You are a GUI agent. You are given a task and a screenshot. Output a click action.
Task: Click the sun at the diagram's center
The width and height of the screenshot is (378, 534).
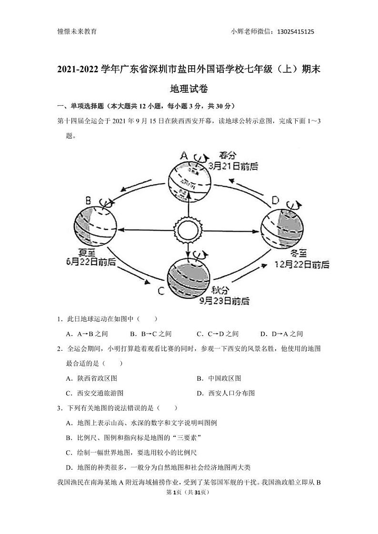pyautogui.click(x=189, y=229)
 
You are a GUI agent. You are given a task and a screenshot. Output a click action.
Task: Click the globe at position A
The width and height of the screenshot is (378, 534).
pyautogui.click(x=189, y=176)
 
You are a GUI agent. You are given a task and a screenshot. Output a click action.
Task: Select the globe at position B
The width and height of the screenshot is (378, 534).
pyautogui.click(x=95, y=224)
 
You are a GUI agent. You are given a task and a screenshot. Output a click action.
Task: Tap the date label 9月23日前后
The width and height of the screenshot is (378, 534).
pyautogui.click(x=225, y=301)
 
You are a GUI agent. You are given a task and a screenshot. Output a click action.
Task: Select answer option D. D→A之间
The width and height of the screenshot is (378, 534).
pyautogui.click(x=281, y=334)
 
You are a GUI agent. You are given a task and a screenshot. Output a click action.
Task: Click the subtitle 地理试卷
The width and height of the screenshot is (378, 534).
pyautogui.click(x=189, y=89)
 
